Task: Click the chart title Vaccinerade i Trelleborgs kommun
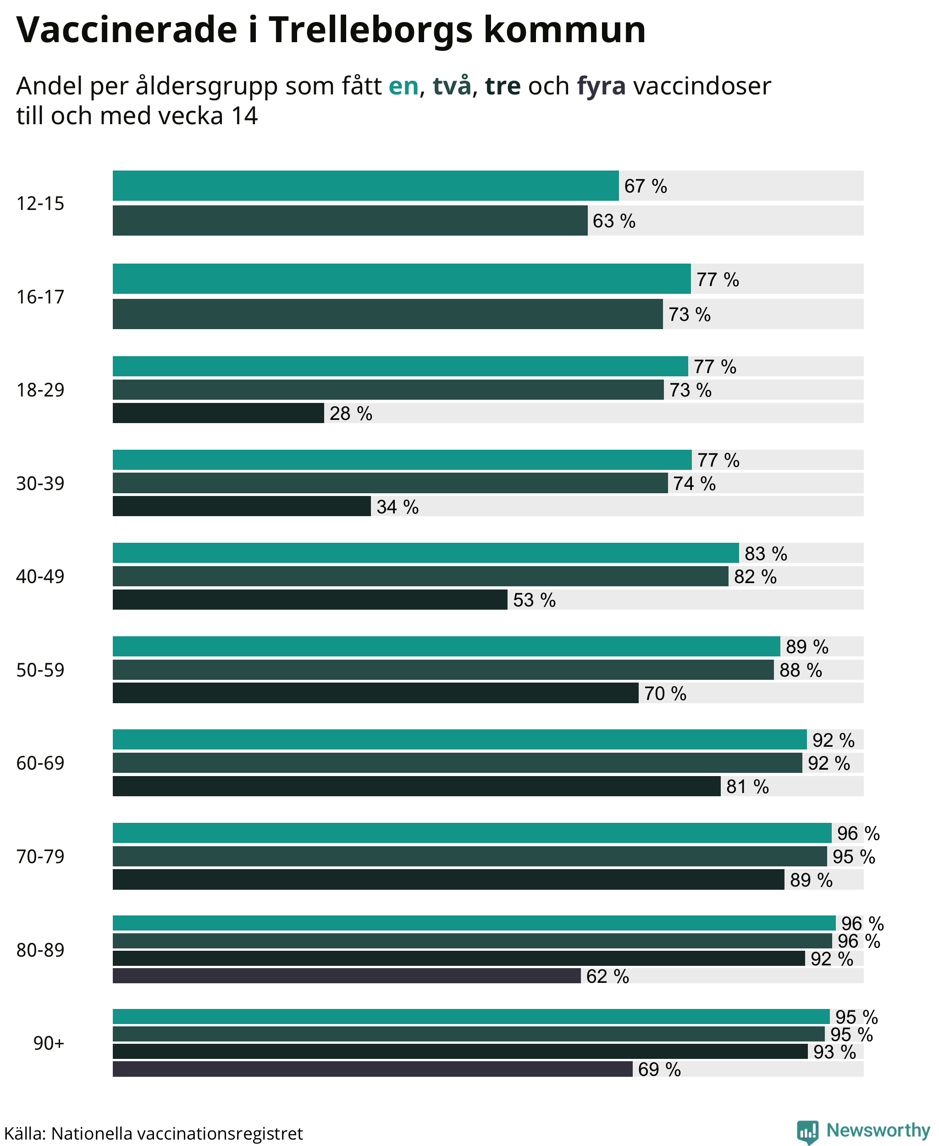[x=331, y=30]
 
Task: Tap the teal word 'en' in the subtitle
[x=403, y=86]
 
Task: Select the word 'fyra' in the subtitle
[x=601, y=87]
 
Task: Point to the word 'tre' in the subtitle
[x=503, y=86]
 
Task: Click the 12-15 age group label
[x=40, y=204]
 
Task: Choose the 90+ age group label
[x=49, y=1043]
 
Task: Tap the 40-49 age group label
[x=40, y=577]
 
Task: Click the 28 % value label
[x=351, y=414]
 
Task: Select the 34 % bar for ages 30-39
[x=242, y=506]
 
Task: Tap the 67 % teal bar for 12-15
[x=365, y=186]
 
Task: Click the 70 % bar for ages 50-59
[x=376, y=693]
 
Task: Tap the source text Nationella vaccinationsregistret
[x=177, y=1133]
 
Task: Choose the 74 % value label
[x=695, y=484]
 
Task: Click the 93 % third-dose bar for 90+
[x=460, y=1052]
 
